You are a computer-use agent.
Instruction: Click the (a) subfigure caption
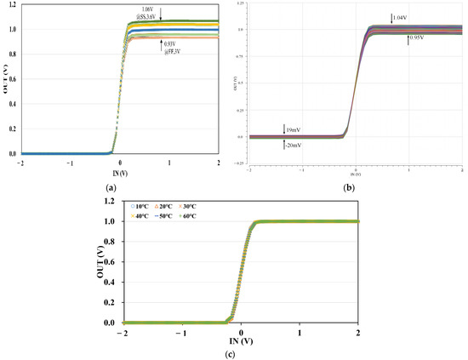(x=110, y=186)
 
